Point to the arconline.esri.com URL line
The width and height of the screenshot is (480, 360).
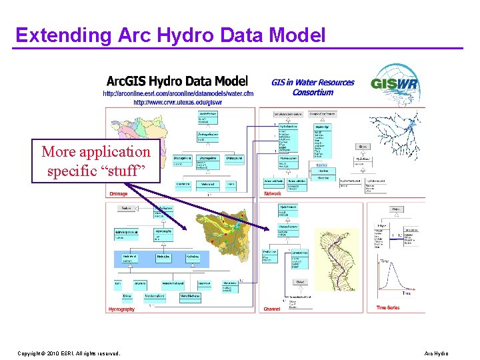178,94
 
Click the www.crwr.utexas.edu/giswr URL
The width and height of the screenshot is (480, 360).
178,103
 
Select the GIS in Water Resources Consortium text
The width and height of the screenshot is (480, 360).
313,87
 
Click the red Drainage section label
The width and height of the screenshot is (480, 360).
118,194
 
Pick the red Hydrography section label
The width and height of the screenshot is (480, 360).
121,309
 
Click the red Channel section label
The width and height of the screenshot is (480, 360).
271,309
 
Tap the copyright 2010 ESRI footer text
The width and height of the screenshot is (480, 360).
69,353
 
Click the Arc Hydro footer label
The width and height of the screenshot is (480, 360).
436,353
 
